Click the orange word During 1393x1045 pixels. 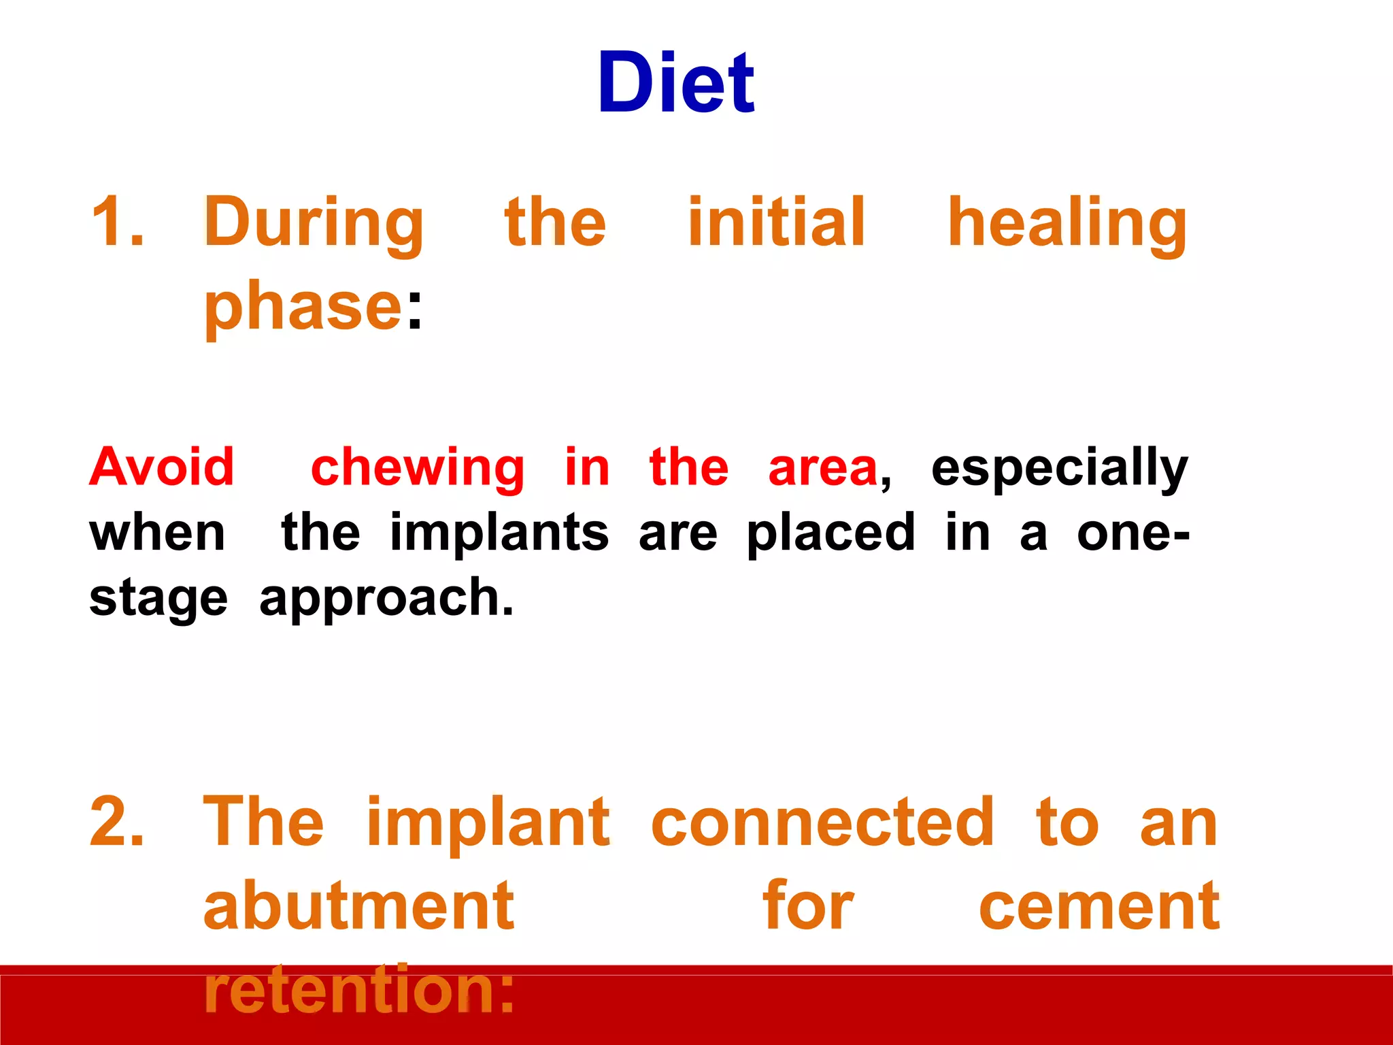(x=314, y=223)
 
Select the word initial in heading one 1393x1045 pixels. (x=775, y=222)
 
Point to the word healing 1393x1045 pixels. (x=1067, y=225)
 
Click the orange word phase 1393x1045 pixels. (x=303, y=308)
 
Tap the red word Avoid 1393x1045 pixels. (x=162, y=467)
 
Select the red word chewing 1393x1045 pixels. (x=417, y=469)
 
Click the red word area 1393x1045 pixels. (x=822, y=469)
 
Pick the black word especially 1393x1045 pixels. (x=1059, y=469)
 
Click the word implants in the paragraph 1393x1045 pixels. (x=499, y=534)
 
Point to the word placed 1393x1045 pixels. (x=830, y=534)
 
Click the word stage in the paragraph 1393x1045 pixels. (x=158, y=600)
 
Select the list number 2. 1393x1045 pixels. (x=117, y=823)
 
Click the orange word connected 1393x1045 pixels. (x=822, y=823)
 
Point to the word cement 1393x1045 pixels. (x=1098, y=907)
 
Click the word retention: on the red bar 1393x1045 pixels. (x=358, y=989)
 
